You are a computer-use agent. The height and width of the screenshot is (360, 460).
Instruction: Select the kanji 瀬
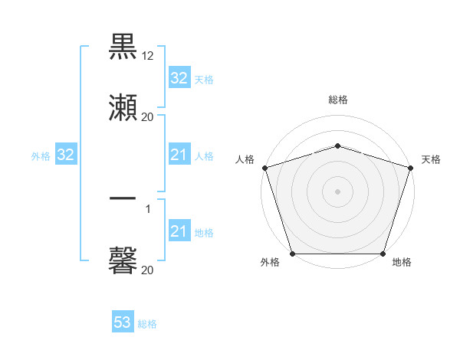pyautogui.click(x=123, y=108)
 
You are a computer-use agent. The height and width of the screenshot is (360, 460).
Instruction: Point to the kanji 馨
pyautogui.click(x=123, y=260)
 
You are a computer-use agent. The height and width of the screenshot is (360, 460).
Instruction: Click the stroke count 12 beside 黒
pyautogui.click(x=148, y=57)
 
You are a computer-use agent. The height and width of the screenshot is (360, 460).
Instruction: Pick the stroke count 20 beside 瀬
pyautogui.click(x=148, y=117)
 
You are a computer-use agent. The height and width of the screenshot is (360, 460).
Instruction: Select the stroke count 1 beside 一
pyautogui.click(x=148, y=208)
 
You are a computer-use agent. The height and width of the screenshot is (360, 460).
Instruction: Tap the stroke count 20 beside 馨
pyautogui.click(x=148, y=270)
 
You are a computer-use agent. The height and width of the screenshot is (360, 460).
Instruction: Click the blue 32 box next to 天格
pyautogui.click(x=179, y=78)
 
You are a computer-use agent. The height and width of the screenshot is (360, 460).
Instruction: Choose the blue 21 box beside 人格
pyautogui.click(x=179, y=155)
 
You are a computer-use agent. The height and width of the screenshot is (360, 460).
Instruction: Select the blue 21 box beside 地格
pyautogui.click(x=179, y=232)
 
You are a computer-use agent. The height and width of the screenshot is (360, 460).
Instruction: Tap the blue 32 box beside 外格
pyautogui.click(x=65, y=155)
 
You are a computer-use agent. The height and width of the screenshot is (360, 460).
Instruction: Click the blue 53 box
pyautogui.click(x=122, y=323)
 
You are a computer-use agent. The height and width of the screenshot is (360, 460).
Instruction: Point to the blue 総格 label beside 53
pyautogui.click(x=147, y=324)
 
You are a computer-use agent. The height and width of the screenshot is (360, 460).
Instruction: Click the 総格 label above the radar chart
pyautogui.click(x=337, y=100)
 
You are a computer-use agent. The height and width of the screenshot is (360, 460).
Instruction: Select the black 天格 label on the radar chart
pyautogui.click(x=432, y=159)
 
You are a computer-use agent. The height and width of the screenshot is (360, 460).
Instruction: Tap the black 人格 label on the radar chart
pyautogui.click(x=245, y=159)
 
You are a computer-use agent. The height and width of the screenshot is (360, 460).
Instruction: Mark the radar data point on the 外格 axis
pyautogui.click(x=291, y=254)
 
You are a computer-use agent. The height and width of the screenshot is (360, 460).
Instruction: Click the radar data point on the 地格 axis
pyautogui.click(x=383, y=254)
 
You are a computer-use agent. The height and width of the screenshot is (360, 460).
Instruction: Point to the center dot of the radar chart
pyautogui.click(x=337, y=191)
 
